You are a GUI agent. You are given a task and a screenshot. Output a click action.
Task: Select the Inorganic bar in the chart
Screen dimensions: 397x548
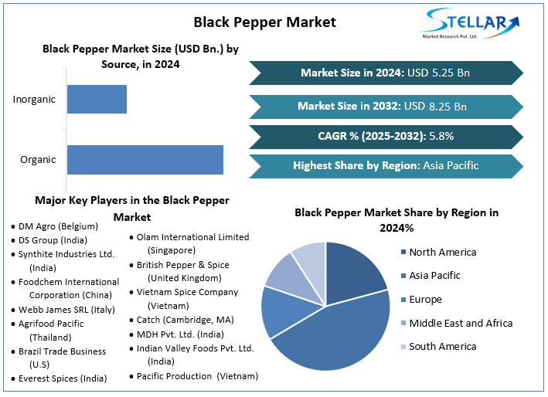click(x=97, y=99)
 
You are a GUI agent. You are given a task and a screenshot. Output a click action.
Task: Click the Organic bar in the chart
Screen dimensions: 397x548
click(x=145, y=159)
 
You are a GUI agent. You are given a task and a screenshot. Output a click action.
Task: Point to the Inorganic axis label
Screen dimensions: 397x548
click(x=35, y=99)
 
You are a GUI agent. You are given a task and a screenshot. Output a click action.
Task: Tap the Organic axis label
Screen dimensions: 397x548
click(x=38, y=160)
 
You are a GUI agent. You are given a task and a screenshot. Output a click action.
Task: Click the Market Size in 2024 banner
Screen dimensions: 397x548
click(x=385, y=73)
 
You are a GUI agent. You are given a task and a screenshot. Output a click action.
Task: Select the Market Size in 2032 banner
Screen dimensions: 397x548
click(x=385, y=106)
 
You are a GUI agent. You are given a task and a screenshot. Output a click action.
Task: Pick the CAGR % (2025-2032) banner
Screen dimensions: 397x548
click(x=385, y=136)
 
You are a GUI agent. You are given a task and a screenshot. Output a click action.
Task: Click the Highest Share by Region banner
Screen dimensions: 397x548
click(x=385, y=165)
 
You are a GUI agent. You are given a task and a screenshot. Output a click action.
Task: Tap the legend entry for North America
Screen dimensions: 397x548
click(x=442, y=252)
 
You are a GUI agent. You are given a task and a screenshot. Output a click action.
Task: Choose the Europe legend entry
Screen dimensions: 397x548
click(x=436, y=300)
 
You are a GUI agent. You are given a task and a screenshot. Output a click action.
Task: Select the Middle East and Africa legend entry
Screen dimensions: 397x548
click(x=461, y=323)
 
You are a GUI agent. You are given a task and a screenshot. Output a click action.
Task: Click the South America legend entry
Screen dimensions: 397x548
click(x=442, y=346)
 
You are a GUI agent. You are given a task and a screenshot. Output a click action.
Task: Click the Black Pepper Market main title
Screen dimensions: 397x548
click(x=264, y=22)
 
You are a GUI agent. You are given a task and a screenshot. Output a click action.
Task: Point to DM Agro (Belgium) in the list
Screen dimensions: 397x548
click(x=58, y=226)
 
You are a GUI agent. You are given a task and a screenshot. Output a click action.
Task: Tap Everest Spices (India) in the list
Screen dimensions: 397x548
click(x=63, y=378)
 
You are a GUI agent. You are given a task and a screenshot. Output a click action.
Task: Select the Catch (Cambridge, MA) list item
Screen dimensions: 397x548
click(x=185, y=319)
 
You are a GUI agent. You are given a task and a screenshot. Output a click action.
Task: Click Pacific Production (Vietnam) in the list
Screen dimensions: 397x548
click(x=197, y=376)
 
